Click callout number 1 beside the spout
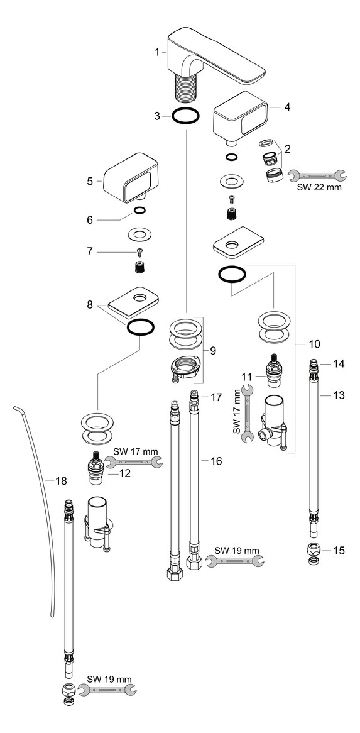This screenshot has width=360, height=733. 158,53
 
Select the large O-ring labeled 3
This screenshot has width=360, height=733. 186,116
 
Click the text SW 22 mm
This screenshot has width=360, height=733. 319,187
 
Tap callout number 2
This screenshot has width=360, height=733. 286,149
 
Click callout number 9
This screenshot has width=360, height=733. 212,350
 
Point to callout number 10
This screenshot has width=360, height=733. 314,344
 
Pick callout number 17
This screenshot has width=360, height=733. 215,397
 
